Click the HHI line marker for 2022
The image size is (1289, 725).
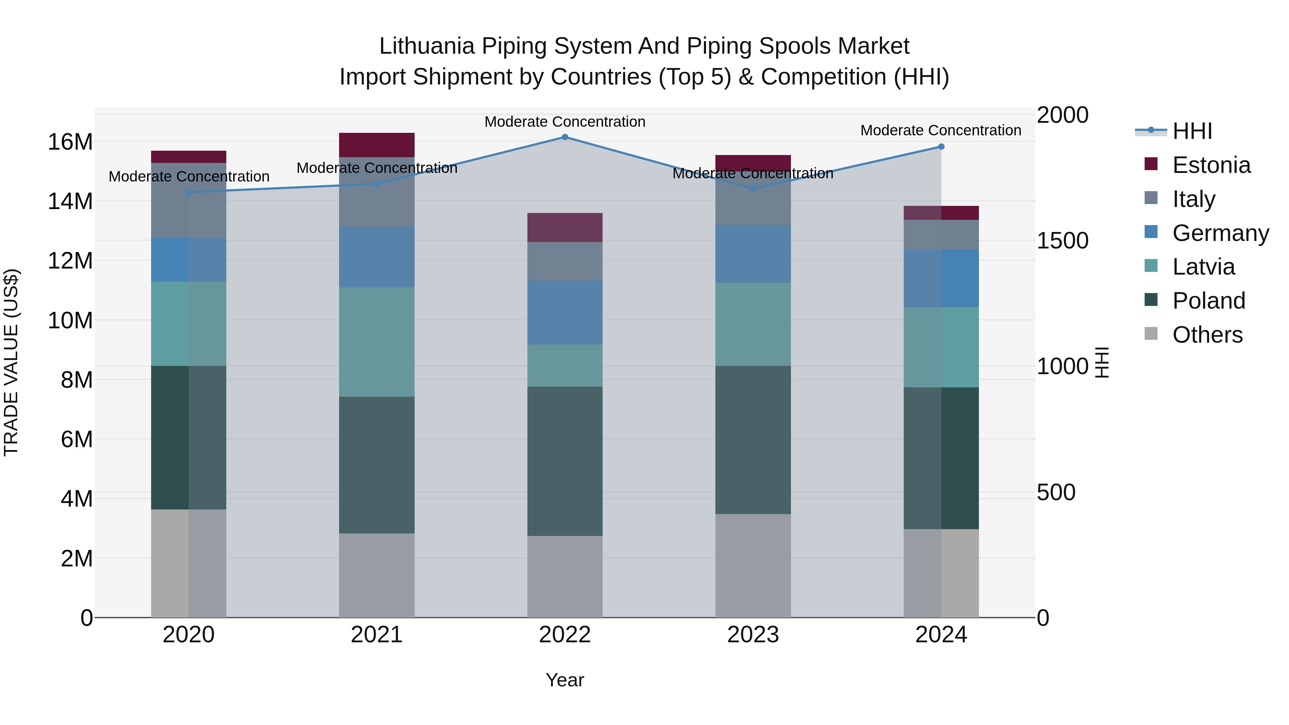point(565,137)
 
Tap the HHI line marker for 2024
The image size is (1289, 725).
point(941,146)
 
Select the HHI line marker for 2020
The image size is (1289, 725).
point(189,192)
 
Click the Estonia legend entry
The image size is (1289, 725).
point(1211,165)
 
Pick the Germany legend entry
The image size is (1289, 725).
point(1220,233)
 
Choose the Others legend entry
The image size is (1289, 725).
point(1207,335)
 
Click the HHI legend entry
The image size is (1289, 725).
point(1192,131)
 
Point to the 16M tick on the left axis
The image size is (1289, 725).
point(70,142)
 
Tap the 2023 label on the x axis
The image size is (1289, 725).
point(753,635)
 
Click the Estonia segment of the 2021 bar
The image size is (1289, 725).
point(377,145)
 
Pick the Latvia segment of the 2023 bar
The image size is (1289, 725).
point(753,324)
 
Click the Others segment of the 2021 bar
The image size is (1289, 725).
point(377,575)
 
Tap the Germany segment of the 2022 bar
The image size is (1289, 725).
point(565,312)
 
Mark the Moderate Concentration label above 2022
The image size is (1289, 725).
point(565,122)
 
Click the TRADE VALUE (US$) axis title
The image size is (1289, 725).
point(11,362)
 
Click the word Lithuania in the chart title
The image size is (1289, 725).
point(426,46)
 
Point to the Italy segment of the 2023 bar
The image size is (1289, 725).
point(753,200)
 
